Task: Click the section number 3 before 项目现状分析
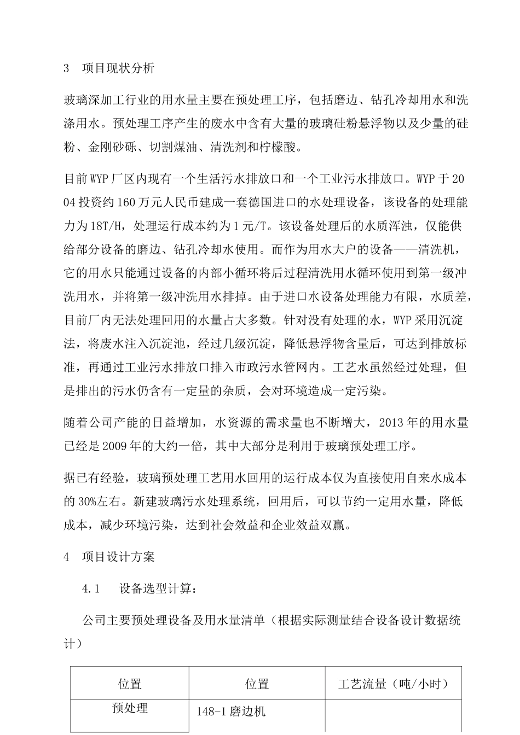67,68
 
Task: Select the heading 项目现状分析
118,68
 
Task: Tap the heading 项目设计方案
118,557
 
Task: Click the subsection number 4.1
90,590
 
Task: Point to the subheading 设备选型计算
154,590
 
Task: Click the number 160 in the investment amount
126,203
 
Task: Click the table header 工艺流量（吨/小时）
393,684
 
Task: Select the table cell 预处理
130,708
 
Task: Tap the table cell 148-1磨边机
230,712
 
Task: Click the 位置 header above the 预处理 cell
130,684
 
